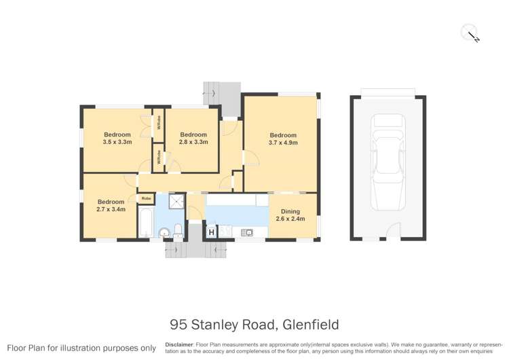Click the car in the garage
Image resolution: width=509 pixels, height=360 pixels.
click(388, 162)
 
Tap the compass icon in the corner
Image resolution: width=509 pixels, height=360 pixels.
click(470, 33)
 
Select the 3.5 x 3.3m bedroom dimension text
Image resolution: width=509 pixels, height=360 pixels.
click(117, 142)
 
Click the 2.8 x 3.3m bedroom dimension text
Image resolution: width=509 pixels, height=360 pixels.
click(193, 142)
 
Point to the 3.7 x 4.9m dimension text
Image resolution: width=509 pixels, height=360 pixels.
click(282, 143)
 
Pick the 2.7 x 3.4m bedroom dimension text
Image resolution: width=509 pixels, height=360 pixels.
click(111, 210)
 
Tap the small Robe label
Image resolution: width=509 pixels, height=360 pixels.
click(146, 198)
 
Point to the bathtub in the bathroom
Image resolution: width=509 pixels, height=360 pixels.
click(145, 222)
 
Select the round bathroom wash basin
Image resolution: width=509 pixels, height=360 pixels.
click(163, 233)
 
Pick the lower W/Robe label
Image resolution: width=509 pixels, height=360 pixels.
click(159, 158)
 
